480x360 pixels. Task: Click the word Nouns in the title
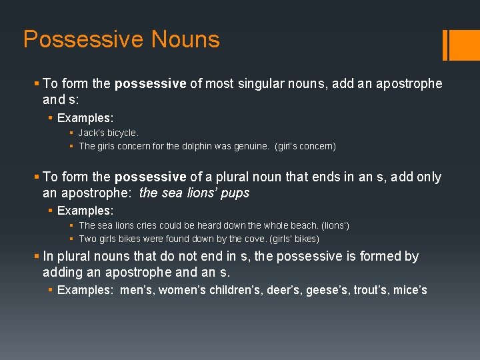(185, 39)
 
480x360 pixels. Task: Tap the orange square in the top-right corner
(464, 45)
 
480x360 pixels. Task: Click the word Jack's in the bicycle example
(92, 133)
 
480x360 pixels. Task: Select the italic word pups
(236, 193)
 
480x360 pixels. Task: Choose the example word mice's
(410, 290)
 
